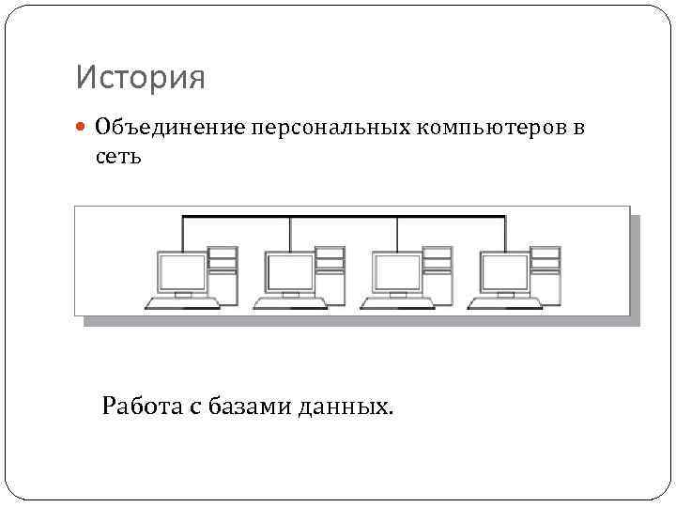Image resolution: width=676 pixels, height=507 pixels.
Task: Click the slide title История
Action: tap(140, 78)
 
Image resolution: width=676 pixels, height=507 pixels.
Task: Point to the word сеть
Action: tap(118, 156)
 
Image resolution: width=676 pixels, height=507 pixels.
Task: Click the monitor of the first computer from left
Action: tap(181, 273)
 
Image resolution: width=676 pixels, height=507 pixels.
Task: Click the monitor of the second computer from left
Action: tap(289, 273)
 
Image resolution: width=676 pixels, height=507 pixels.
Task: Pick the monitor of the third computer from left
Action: tap(397, 273)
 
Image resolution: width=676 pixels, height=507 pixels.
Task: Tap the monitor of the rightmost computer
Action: tap(505, 273)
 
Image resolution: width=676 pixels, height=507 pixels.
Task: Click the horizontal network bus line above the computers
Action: tap(344, 218)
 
